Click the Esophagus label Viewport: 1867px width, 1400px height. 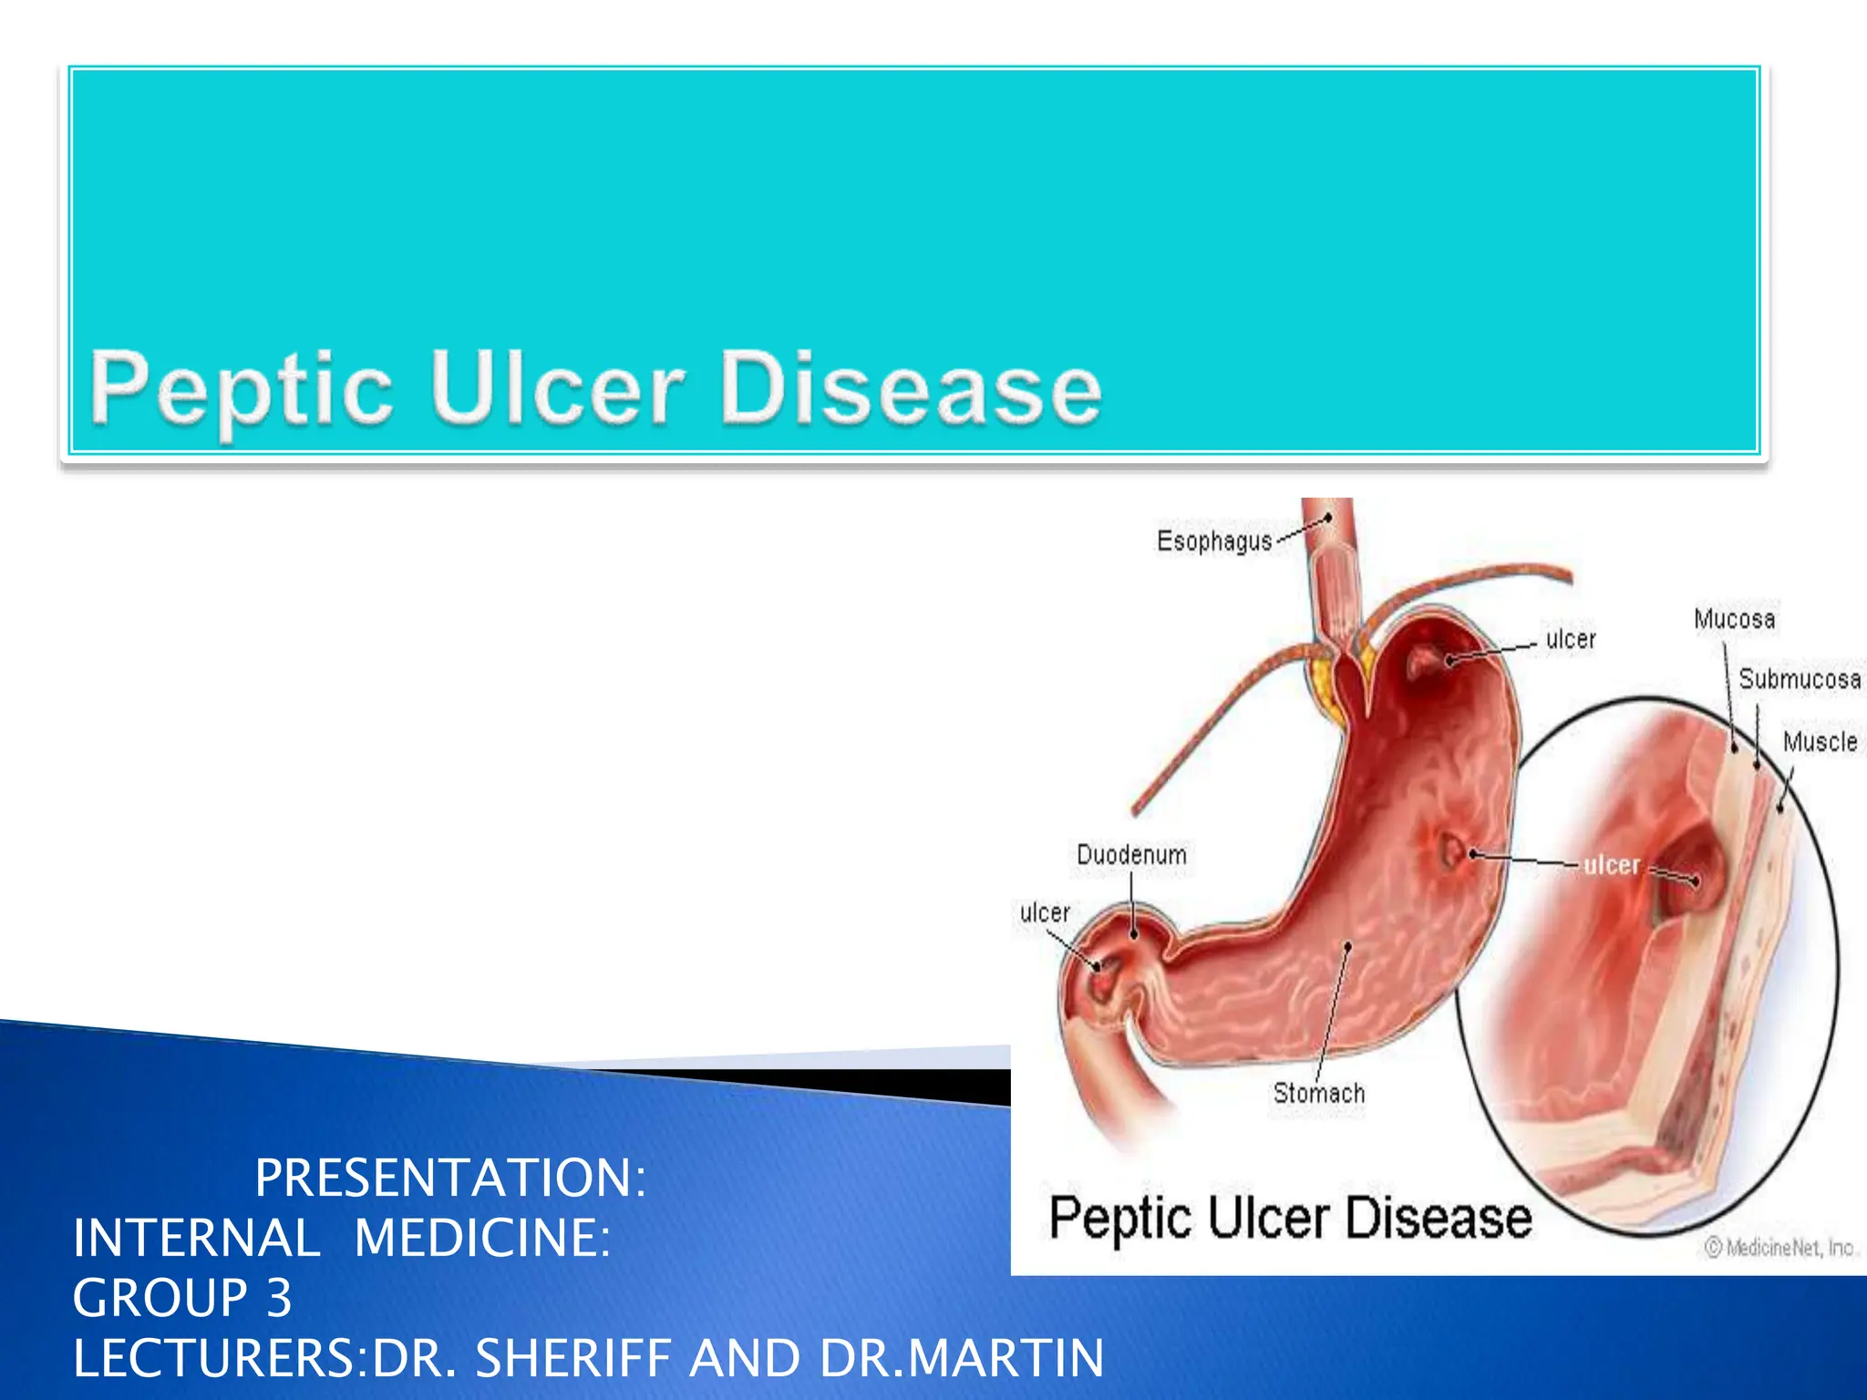click(1213, 541)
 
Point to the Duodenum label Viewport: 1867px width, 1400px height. click(1131, 855)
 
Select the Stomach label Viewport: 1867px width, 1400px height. click(1318, 1093)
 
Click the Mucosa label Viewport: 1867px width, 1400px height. click(1734, 620)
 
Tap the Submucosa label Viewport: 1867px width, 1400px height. click(1799, 679)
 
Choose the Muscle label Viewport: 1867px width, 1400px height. click(1820, 742)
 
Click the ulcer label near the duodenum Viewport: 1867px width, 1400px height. click(1044, 912)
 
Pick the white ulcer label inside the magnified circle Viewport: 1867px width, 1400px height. click(1612, 865)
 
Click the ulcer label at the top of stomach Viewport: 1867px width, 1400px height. click(1571, 639)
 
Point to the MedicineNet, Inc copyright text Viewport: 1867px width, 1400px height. click(1779, 1248)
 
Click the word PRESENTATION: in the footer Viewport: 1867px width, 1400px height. click(450, 1178)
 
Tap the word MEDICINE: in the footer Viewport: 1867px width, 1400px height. click(481, 1238)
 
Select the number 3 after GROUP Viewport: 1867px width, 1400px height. click(278, 1298)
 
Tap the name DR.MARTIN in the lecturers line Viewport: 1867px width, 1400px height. click(962, 1358)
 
